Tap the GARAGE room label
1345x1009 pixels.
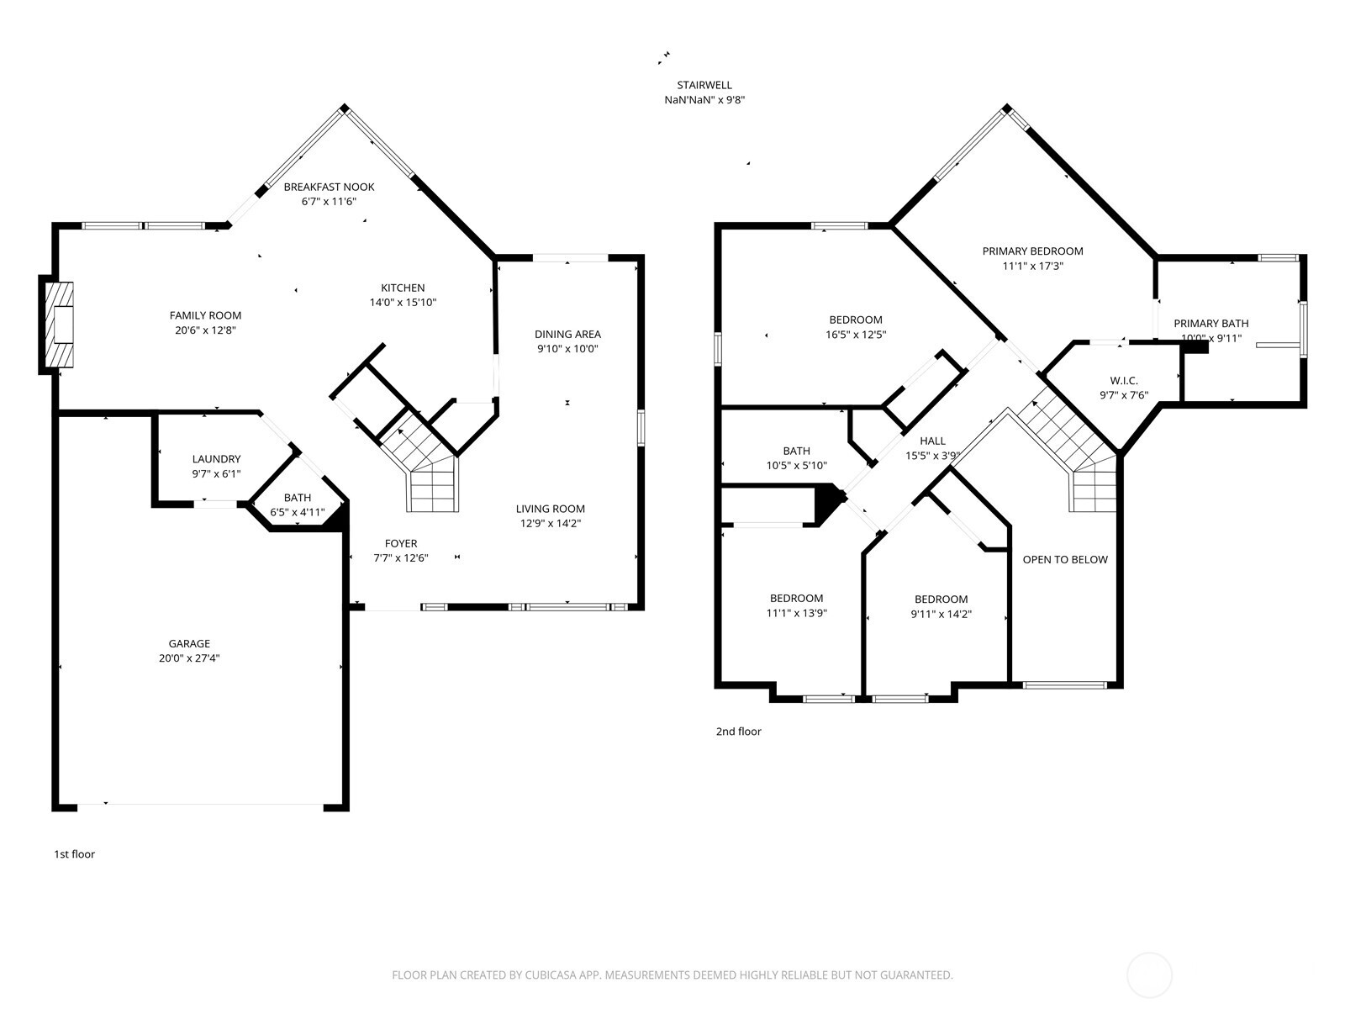tap(189, 644)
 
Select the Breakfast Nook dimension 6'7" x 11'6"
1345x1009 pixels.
tap(329, 202)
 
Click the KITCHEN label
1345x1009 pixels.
tap(403, 288)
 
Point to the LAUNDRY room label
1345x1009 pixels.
tap(216, 459)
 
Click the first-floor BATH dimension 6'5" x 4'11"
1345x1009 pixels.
tap(297, 512)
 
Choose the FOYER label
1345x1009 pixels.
tap(401, 543)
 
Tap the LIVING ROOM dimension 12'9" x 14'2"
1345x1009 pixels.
tap(550, 523)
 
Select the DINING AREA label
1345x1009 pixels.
tap(567, 334)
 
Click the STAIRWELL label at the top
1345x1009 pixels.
tap(704, 85)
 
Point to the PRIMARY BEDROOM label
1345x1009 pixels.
tap(1032, 251)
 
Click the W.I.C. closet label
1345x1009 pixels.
tap(1123, 381)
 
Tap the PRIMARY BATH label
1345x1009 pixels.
tap(1210, 323)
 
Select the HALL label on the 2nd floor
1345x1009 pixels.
tap(932, 441)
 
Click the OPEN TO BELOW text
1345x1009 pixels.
tap(1064, 560)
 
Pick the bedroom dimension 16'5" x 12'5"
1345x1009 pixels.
tap(856, 335)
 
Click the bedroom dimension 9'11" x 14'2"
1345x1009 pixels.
tap(941, 614)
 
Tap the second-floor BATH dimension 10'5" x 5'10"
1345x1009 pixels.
tap(796, 466)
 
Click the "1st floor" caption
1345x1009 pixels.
tap(75, 854)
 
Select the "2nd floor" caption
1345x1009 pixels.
tap(738, 732)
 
